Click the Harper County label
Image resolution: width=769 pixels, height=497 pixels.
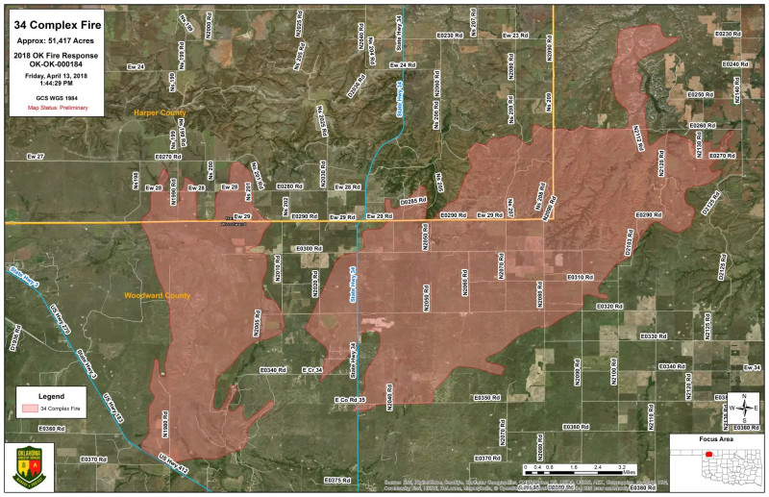pos(160,113)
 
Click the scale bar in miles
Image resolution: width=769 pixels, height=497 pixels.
pos(574,469)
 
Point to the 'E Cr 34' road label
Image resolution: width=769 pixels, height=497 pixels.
pos(313,369)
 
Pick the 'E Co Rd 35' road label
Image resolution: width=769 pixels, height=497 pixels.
pos(351,399)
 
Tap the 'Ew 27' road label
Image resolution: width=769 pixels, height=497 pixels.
pos(36,155)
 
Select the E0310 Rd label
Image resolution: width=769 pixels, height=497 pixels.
pos(581,277)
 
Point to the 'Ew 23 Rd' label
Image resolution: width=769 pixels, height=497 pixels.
pos(515,36)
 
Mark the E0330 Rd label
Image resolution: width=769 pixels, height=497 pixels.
pos(653,336)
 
